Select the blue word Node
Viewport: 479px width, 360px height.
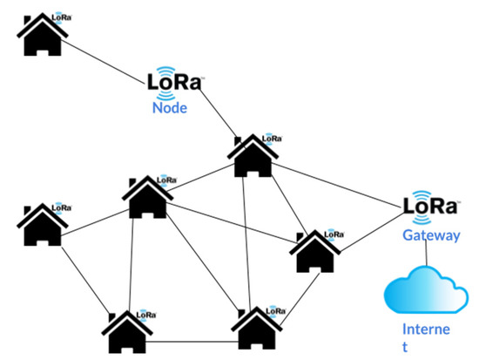click(171, 109)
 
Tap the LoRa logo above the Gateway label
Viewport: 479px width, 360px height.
click(430, 207)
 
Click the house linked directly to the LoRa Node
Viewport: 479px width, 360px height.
click(253, 156)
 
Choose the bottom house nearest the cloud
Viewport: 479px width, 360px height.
click(257, 329)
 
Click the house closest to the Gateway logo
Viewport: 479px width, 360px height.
click(315, 252)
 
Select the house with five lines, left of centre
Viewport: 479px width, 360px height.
click(144, 197)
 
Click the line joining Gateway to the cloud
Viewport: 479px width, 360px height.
click(424, 254)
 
